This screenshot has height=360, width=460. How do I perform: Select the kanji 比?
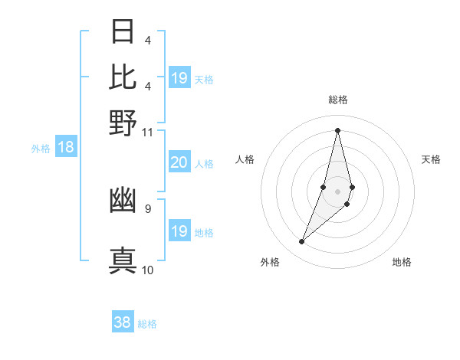pos(123,77)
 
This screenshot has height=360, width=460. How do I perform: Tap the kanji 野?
pos(123,123)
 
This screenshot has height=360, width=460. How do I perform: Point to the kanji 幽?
pos(123,201)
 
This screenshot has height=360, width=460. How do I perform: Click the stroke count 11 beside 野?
pos(148,132)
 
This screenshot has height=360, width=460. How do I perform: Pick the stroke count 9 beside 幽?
pos(148,208)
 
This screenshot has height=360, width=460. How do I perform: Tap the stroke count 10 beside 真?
pos(148,270)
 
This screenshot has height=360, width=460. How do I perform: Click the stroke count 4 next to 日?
pos(147,40)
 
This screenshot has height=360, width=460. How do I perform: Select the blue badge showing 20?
pos(179,162)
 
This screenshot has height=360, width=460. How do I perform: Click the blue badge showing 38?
pos(122,322)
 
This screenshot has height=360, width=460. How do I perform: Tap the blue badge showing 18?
pos(66,148)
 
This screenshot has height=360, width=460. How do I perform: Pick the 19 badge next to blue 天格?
pos(179,78)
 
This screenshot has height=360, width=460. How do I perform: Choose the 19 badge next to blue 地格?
pos(179,231)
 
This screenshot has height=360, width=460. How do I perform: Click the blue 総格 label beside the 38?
pos(147,324)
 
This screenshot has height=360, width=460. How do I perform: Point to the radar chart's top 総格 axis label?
pos(338,100)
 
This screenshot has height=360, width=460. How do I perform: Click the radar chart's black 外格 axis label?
pos(270,262)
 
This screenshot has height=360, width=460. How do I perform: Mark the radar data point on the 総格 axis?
pos(337,129)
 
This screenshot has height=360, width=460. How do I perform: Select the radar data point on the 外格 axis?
pos(302,242)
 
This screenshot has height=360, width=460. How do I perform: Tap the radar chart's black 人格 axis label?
pos(245,159)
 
